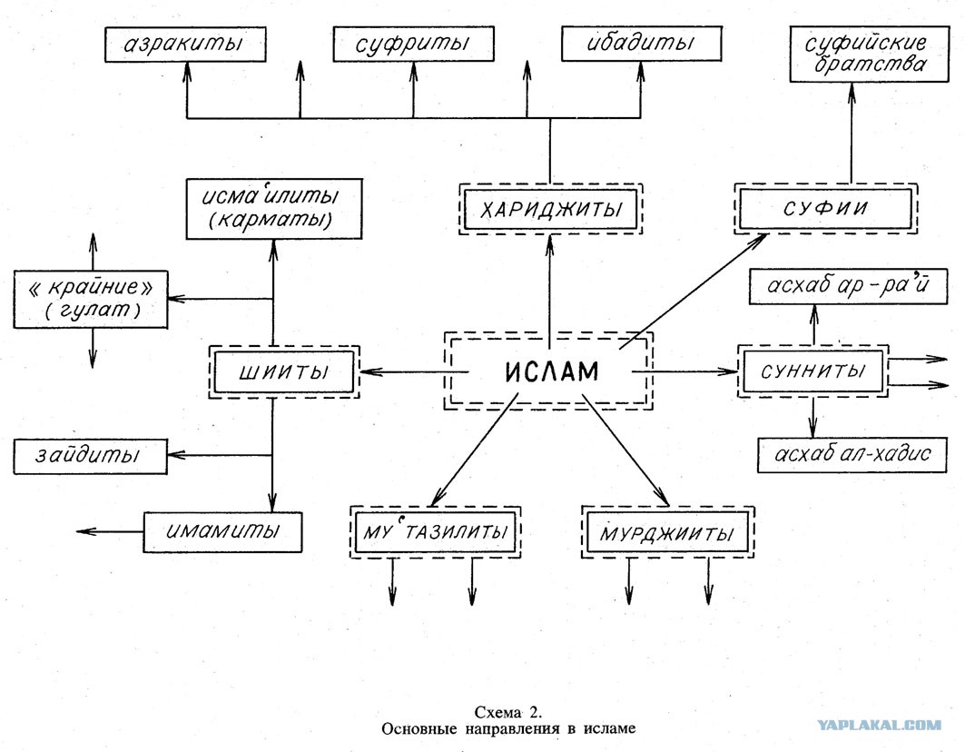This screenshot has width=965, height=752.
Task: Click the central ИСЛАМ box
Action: pyautogui.click(x=548, y=371)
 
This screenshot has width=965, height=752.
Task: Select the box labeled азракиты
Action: pyautogui.click(x=185, y=45)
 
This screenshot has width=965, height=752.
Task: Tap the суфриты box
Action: pyautogui.click(x=414, y=44)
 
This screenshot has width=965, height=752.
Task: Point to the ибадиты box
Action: pyautogui.click(x=641, y=43)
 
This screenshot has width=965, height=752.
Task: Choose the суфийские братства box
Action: pyautogui.click(x=870, y=54)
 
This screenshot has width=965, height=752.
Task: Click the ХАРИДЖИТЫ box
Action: pyautogui.click(x=550, y=209)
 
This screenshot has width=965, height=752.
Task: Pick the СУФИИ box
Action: pyautogui.click(x=825, y=208)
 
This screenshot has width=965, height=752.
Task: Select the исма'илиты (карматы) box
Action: pyautogui.click(x=274, y=209)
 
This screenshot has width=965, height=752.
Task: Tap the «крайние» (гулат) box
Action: pyautogui.click(x=91, y=299)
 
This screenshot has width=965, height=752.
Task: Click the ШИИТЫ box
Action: pyautogui.click(x=284, y=372)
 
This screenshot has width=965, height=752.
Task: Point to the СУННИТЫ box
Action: pyautogui.click(x=813, y=371)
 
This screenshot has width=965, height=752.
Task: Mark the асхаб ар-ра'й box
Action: pyautogui.click(x=848, y=286)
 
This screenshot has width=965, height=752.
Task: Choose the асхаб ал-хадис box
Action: pyautogui.click(x=852, y=454)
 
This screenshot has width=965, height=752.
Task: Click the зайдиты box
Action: pyautogui.click(x=90, y=456)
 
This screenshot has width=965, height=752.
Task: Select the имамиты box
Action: pyautogui.click(x=222, y=532)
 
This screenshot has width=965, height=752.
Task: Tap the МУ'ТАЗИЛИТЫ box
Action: pyautogui.click(x=435, y=532)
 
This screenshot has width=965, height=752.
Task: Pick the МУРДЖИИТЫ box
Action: pyautogui.click(x=668, y=532)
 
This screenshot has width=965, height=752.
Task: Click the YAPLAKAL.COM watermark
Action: pyautogui.click(x=879, y=725)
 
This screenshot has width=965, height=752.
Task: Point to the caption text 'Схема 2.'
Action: pyautogui.click(x=508, y=713)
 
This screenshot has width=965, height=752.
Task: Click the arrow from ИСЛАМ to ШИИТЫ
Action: pyautogui.click(x=414, y=372)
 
